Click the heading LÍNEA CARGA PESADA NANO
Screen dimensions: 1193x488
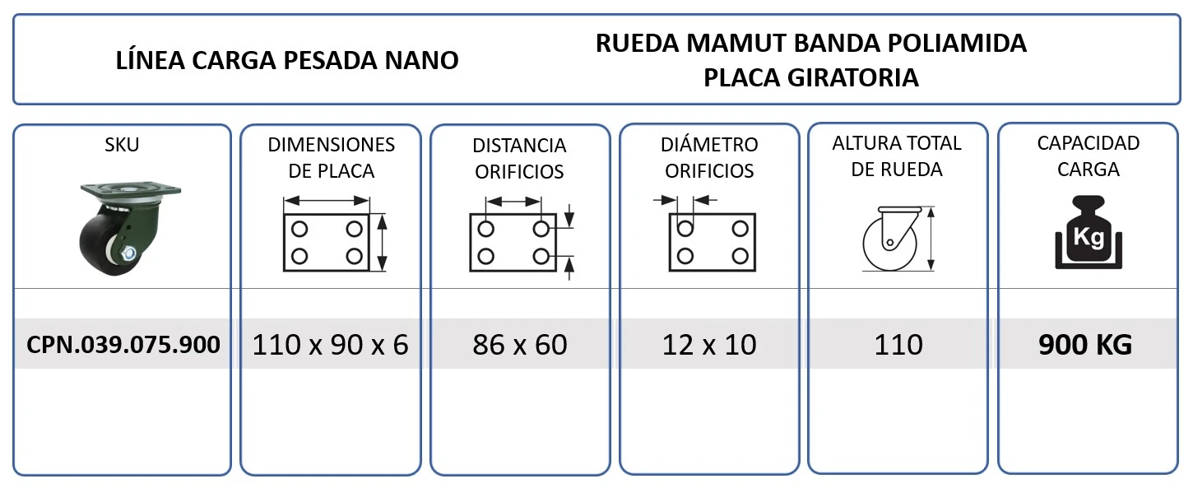[287, 60]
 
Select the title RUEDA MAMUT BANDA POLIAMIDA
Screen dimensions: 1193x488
[810, 43]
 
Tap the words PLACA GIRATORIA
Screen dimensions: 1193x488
[811, 78]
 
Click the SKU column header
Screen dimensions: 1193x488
[122, 145]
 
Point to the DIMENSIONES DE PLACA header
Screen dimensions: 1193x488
[331, 158]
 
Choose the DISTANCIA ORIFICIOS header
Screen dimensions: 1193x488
[519, 158]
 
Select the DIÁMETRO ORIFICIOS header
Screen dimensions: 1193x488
[709, 157]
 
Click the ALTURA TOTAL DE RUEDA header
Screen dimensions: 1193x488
[897, 156]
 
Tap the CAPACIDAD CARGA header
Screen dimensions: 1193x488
[1088, 156]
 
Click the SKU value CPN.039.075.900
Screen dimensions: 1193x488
[123, 345]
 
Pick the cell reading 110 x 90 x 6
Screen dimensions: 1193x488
[330, 345]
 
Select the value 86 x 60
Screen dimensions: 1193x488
[520, 345]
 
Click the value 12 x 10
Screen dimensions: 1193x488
[709, 345]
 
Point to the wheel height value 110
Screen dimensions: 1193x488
[898, 345]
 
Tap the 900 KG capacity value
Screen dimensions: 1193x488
[1085, 345]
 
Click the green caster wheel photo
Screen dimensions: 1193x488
[128, 229]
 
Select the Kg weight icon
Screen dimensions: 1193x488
[1089, 232]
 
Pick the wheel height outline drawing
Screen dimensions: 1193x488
[898, 239]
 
